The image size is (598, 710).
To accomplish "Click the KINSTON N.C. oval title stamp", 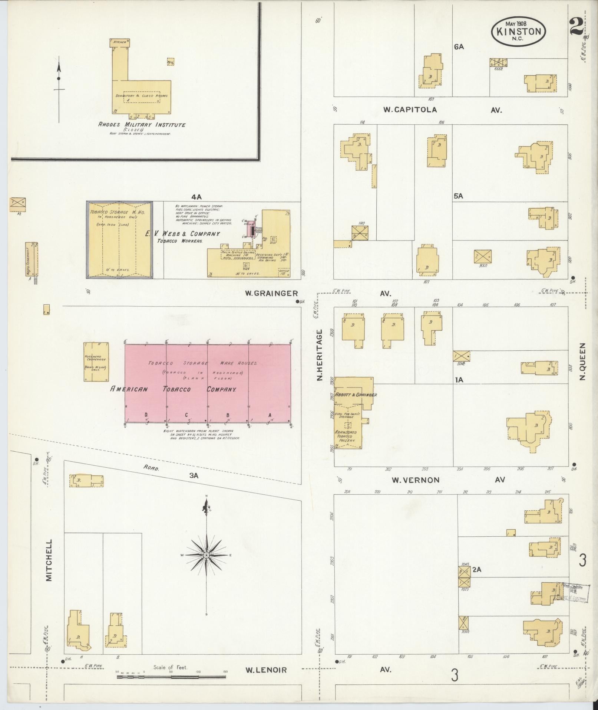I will pos(518,32).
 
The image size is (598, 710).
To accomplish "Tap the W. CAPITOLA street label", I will pos(410,109).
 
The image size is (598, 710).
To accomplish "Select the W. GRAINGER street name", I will pos(271,293).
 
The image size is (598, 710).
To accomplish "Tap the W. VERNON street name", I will pos(416,480).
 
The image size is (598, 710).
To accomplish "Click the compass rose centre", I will pos(206,565).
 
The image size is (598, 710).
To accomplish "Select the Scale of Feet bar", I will pos(171,677).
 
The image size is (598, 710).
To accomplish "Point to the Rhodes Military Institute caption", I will pos(142,125).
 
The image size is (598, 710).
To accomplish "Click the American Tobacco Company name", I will pos(174,389).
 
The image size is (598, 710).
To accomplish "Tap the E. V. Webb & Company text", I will pos(183,234).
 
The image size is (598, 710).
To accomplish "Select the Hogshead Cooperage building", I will pos(96,362).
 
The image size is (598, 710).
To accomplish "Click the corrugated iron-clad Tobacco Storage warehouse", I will pos(120,240).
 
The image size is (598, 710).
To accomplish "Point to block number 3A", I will pos(194,475).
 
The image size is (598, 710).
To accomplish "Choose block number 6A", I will pos(459,47).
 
